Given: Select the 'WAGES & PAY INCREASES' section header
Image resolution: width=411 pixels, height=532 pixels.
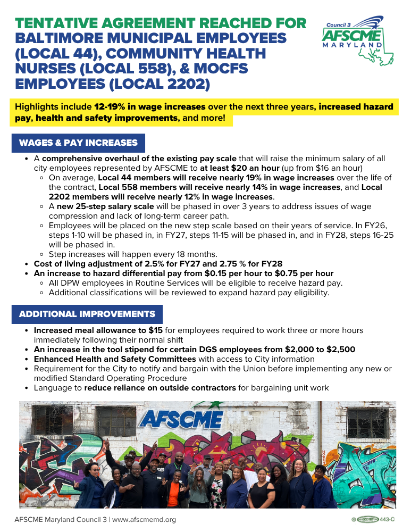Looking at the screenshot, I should coord(78,143).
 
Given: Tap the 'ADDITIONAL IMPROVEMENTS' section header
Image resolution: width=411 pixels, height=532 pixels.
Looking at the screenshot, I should coord(87,314).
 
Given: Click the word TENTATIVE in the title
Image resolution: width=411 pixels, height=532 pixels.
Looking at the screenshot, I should coord(54,23).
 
